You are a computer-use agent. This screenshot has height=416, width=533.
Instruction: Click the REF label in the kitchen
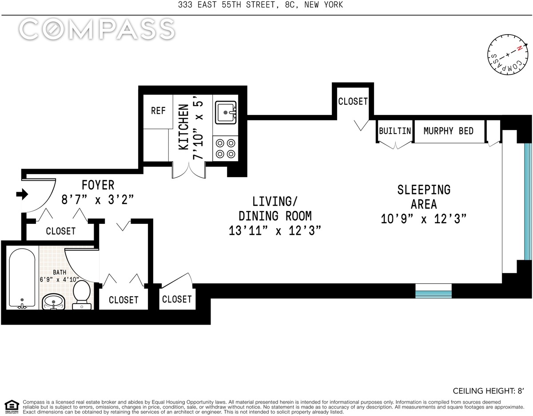pyautogui.click(x=158, y=111)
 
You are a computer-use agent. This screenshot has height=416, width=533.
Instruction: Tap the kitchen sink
pyautogui.click(x=226, y=112)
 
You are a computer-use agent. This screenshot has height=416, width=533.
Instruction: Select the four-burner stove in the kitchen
pyautogui.click(x=226, y=148)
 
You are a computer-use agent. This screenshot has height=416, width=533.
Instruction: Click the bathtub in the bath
pyautogui.click(x=22, y=278)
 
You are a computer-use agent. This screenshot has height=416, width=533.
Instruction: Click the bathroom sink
pyautogui.click(x=53, y=302)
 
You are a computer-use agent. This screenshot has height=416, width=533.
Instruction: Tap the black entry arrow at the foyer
pyautogui.click(x=22, y=194)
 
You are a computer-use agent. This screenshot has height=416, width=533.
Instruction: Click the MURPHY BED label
pyautogui.click(x=448, y=131)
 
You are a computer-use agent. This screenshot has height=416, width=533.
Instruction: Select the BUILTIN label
pyautogui.click(x=395, y=131)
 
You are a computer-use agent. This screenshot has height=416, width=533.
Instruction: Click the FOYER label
pyautogui.click(x=98, y=185)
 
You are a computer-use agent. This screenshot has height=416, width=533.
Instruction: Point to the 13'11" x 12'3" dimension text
pyautogui.click(x=275, y=231)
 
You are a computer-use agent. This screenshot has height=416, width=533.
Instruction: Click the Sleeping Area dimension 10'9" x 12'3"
pyautogui.click(x=424, y=219)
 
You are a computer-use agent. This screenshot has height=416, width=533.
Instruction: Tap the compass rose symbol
pyautogui.click(x=507, y=55)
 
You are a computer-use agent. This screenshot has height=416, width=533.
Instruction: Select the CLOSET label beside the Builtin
pyautogui.click(x=353, y=101)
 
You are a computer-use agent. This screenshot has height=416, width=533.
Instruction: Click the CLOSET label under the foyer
pyautogui.click(x=60, y=231)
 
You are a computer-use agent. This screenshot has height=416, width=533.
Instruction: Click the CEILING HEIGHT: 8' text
pyautogui.click(x=488, y=391)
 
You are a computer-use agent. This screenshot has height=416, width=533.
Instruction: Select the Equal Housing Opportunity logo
pyautogui.click(x=12, y=407)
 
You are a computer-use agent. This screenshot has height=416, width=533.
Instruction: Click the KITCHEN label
pyautogui.click(x=183, y=127)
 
